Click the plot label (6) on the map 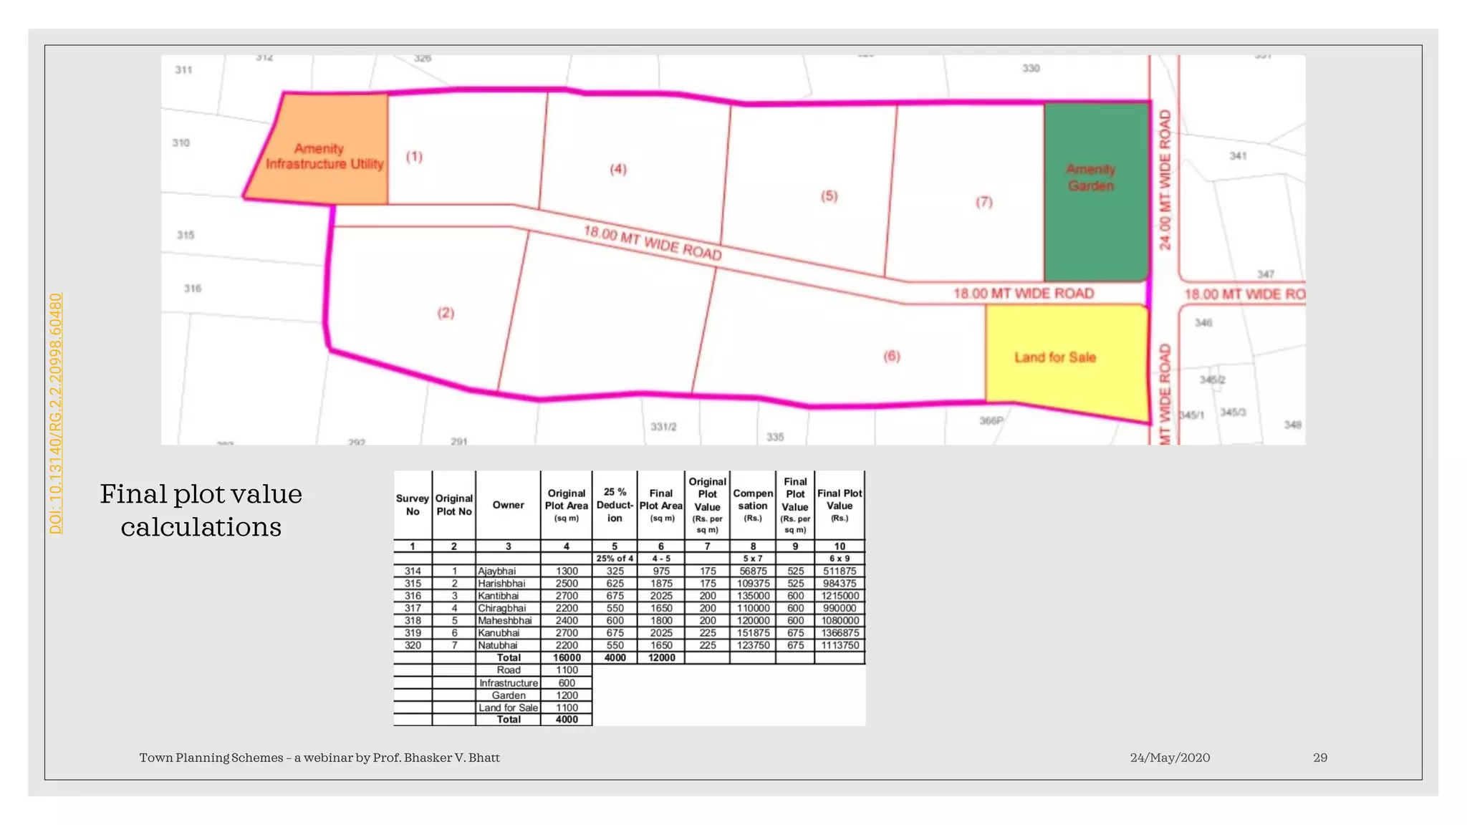coord(891,356)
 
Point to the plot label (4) coord(617,169)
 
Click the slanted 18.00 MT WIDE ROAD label coord(652,243)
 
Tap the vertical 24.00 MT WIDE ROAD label coord(1165,180)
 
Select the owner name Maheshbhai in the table coord(505,620)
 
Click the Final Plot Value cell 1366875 coord(840,633)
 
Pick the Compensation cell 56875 coord(753,571)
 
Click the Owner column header coord(508,505)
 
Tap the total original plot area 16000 coord(566,657)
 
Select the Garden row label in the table coord(508,695)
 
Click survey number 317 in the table coord(413,608)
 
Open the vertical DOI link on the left coord(56,413)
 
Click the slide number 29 coord(1319,758)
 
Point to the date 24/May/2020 coord(1170,758)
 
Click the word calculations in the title coord(201,527)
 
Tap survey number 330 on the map coord(1030,68)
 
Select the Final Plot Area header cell coord(660,505)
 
